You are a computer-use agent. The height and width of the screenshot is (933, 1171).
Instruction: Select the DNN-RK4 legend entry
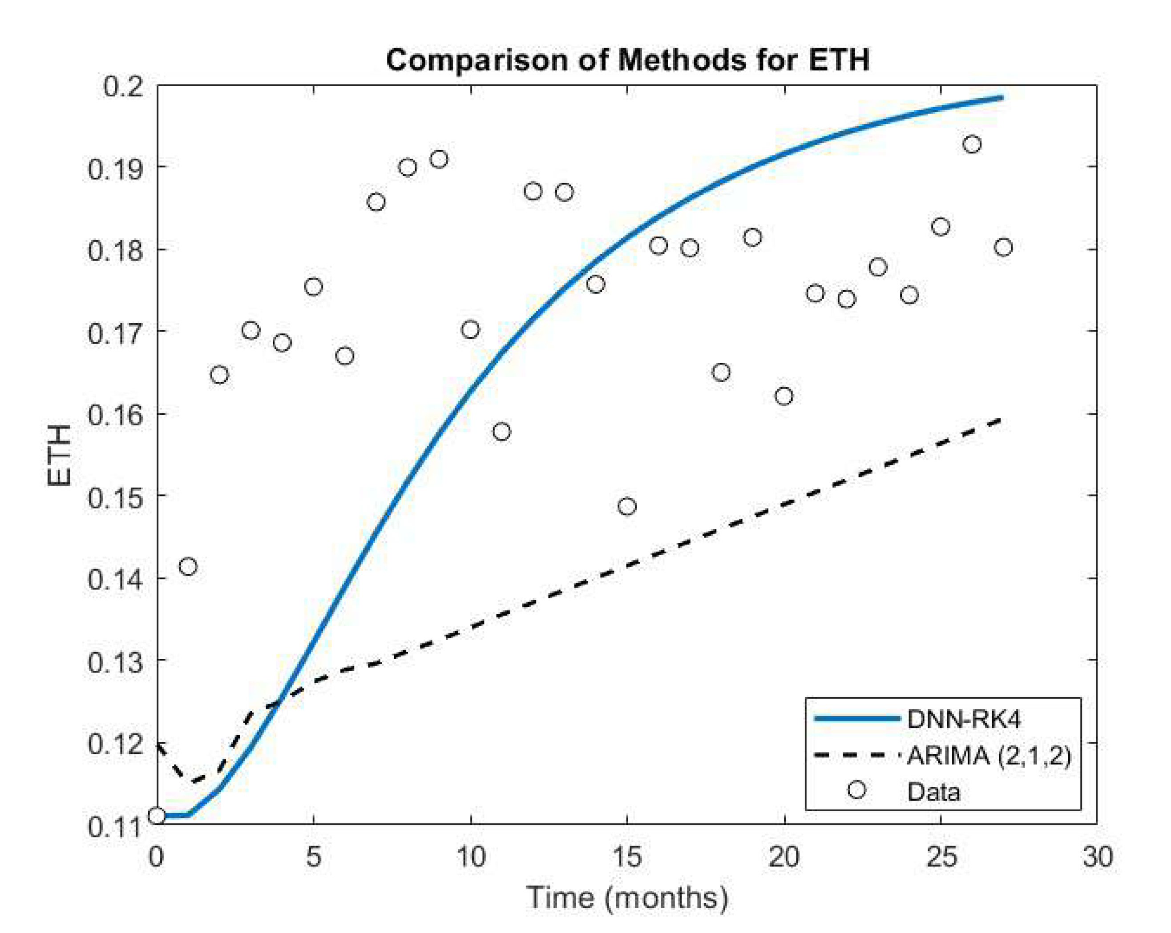point(963,719)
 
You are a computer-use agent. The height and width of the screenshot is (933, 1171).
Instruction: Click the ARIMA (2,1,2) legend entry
point(988,756)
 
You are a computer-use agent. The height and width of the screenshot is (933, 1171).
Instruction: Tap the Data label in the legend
point(933,792)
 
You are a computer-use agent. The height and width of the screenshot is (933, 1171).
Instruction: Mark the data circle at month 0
point(157,816)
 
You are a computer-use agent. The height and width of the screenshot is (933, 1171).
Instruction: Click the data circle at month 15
point(627,506)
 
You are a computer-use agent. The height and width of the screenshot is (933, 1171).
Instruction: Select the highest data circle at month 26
point(972,144)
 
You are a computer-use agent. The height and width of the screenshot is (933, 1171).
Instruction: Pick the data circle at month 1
point(188,567)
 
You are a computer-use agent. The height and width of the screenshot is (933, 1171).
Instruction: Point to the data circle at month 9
point(439,159)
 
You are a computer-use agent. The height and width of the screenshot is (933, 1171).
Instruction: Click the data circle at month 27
point(1003,248)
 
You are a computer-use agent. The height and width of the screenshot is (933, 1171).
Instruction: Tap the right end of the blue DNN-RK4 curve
point(1001,98)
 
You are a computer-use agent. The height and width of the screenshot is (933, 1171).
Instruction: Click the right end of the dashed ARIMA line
point(999,420)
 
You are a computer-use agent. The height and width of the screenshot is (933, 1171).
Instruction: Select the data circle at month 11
point(501,432)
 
